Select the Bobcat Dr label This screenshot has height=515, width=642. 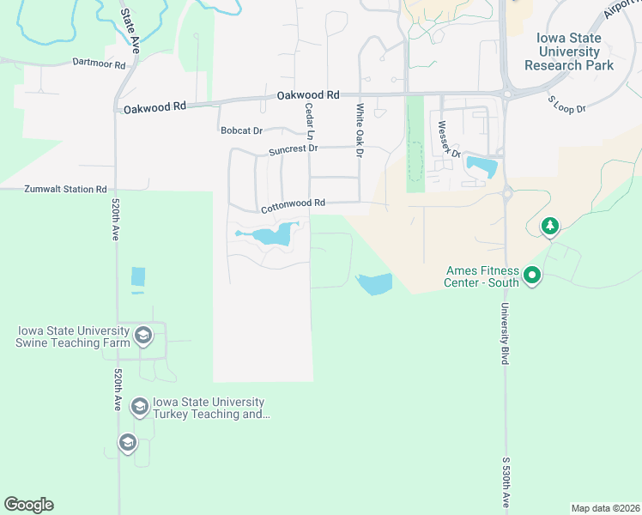tap(241, 130)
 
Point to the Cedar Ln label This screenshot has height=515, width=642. tap(310, 121)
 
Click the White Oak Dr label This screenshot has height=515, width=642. tap(360, 130)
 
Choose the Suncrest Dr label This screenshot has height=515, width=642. tap(293, 149)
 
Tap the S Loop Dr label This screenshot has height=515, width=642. tap(566, 105)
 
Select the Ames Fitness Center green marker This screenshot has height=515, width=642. tap(532, 276)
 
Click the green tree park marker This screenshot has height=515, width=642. tap(549, 227)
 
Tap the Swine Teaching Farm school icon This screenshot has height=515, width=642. tap(143, 336)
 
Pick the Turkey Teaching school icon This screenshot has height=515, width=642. tap(139, 407)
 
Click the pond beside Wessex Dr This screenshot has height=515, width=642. tap(481, 167)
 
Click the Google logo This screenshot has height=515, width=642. tap(28, 505)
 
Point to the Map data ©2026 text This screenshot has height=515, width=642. tap(605, 508)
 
